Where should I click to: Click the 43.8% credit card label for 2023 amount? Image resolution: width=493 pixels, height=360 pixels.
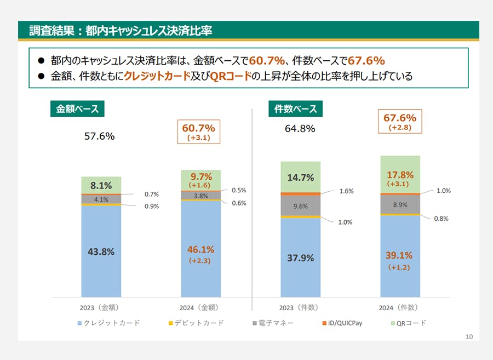101,252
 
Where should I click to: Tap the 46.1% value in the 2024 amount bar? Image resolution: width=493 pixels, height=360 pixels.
201,250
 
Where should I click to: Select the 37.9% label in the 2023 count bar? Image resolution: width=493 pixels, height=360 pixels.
301,258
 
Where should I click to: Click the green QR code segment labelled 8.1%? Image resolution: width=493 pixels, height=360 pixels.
101,185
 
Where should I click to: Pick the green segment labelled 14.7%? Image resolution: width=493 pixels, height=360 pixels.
301,178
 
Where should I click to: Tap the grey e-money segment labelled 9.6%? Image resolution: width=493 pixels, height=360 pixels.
301,207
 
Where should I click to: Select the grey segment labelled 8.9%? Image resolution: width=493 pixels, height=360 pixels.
400,204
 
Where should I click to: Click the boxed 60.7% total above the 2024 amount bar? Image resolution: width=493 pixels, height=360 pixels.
198,132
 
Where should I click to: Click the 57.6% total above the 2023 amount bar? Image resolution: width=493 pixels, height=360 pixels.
99,136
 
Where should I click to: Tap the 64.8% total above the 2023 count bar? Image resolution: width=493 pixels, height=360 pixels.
300,129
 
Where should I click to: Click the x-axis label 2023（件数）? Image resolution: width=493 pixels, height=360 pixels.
301,307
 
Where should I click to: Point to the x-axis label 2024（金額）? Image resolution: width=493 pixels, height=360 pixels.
201,307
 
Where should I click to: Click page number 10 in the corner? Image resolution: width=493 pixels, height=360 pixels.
468,336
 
